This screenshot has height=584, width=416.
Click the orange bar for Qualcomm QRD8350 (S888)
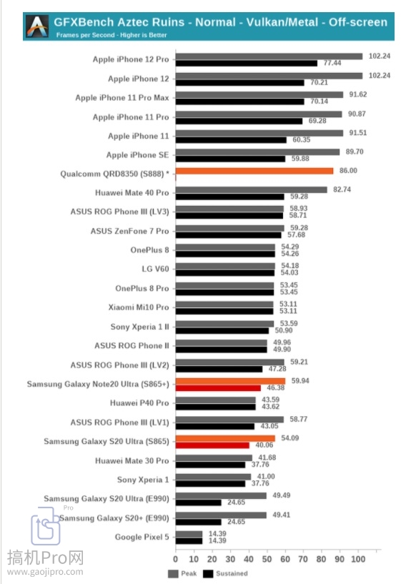tap(254, 171)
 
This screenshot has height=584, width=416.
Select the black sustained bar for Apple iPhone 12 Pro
tap(247, 64)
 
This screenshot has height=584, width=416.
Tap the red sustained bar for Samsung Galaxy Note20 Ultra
tap(218, 388)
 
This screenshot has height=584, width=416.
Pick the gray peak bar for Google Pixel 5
tap(189, 534)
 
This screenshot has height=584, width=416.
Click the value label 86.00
tap(348, 171)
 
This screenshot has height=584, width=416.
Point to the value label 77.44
tap(332, 63)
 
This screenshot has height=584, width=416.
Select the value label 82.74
tap(342, 189)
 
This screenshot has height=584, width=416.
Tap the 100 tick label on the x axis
tap(358, 559)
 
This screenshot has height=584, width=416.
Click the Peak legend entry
tap(182, 573)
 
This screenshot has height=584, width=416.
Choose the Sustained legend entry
tap(225, 573)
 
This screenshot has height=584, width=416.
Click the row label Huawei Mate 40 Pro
tap(132, 193)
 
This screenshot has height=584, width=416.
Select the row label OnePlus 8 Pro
tap(142, 288)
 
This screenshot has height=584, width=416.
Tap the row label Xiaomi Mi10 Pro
tap(139, 307)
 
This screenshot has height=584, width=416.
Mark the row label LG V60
tap(155, 269)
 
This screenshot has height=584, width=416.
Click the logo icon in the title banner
tap(37, 26)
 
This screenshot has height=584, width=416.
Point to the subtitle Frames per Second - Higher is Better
tap(112, 35)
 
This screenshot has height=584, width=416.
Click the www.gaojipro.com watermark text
tap(45, 572)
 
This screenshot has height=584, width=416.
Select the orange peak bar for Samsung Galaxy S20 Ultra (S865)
tap(225, 438)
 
